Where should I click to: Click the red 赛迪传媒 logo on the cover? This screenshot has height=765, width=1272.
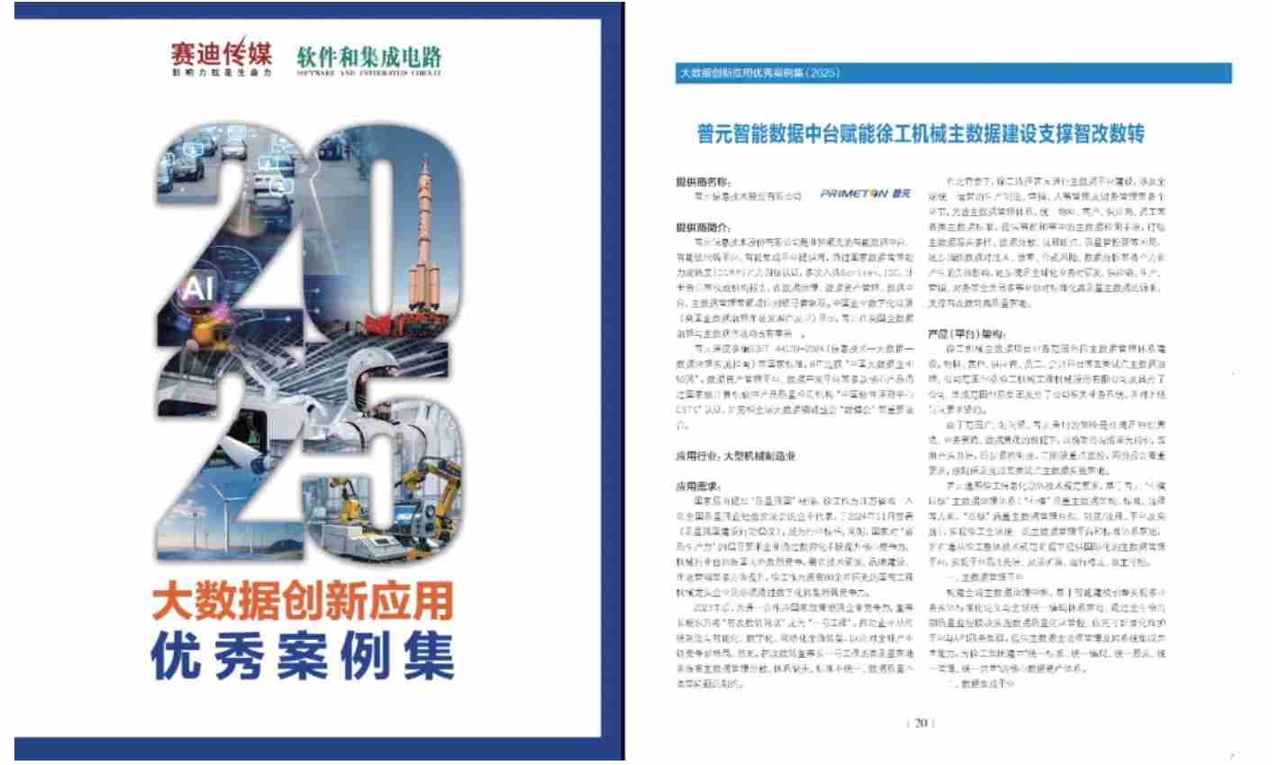[x=222, y=56]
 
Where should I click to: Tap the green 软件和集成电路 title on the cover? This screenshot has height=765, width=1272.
[x=369, y=57]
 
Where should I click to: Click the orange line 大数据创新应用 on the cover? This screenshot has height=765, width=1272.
[x=303, y=600]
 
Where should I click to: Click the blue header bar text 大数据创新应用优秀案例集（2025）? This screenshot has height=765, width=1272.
[x=759, y=74]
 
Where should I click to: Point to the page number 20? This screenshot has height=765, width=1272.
[x=921, y=723]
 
